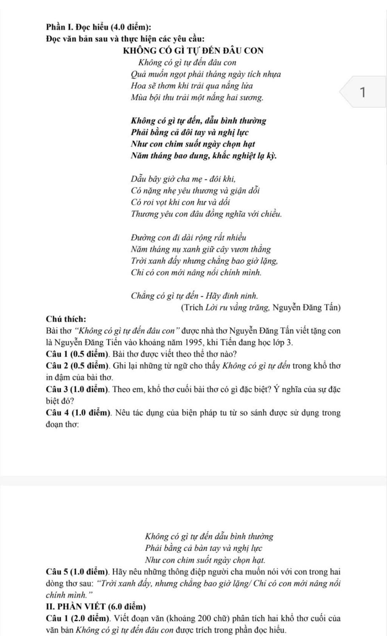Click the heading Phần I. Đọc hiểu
[x=99, y=27]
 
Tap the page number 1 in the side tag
[x=363, y=92]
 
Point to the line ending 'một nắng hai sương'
[x=197, y=98]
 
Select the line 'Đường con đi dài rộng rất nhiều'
[x=188, y=238]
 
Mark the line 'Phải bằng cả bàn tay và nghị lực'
[x=203, y=548]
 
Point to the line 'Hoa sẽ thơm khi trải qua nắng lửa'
[x=192, y=86]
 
